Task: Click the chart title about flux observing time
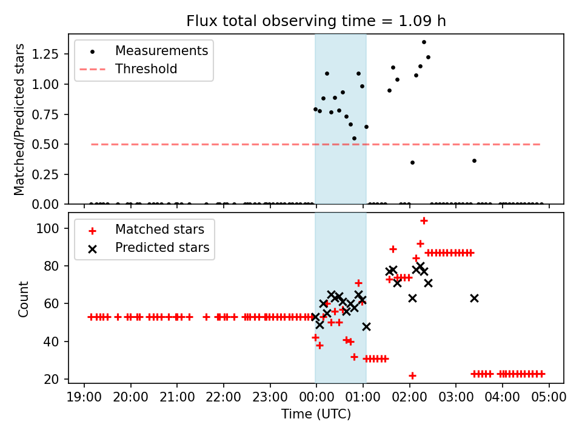[316, 21]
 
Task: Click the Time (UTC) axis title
[316, 415]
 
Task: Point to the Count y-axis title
[24, 299]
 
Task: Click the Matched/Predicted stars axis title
[20, 119]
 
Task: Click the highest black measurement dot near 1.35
[424, 42]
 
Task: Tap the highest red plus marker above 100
[424, 220]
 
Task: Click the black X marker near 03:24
[474, 298]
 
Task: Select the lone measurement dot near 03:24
[474, 160]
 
